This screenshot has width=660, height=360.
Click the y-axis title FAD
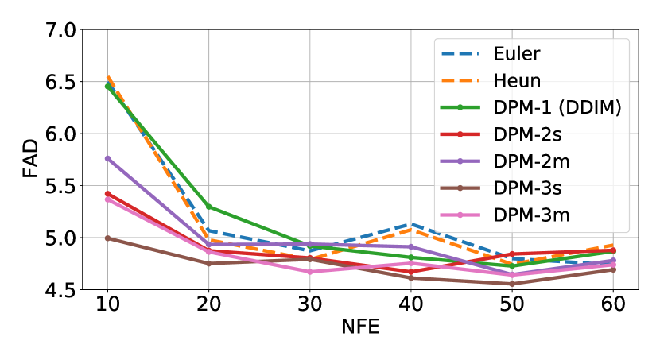(x=29, y=160)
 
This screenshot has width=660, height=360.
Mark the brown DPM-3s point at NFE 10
(x=107, y=238)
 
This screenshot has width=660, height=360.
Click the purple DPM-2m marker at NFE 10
(x=107, y=158)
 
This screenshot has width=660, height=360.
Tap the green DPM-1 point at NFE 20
(x=208, y=207)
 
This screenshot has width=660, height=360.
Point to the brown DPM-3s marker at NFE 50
(x=512, y=284)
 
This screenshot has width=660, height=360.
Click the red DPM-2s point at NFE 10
(x=107, y=193)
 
